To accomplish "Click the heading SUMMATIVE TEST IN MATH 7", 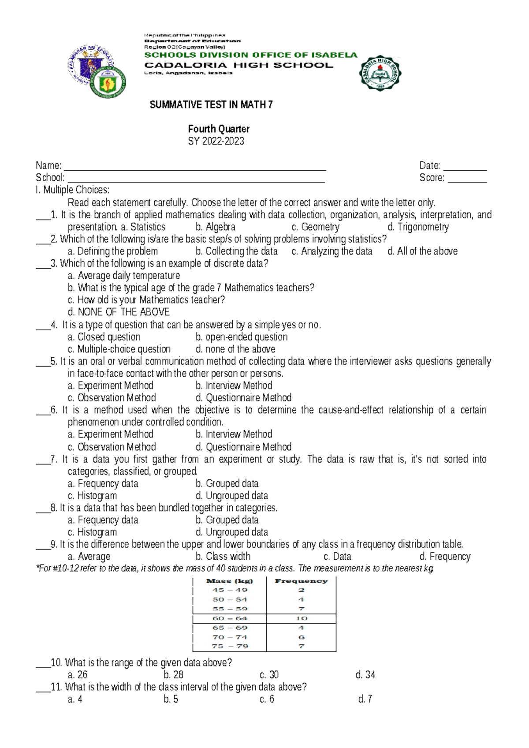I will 211,105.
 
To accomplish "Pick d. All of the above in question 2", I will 422,251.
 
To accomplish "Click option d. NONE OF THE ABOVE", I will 119,312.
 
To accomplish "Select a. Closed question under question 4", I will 104,337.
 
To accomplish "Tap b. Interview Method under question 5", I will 234,385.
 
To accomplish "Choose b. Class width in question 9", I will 223,557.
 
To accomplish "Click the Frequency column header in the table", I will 301,581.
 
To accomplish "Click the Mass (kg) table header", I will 229,581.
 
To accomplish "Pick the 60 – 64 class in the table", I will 229,618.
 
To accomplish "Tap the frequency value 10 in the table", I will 302,618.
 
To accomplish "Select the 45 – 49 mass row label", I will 229,590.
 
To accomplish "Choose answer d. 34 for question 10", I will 365,675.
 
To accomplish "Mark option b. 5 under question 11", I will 171,699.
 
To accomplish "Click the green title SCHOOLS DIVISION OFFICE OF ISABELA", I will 251,55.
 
